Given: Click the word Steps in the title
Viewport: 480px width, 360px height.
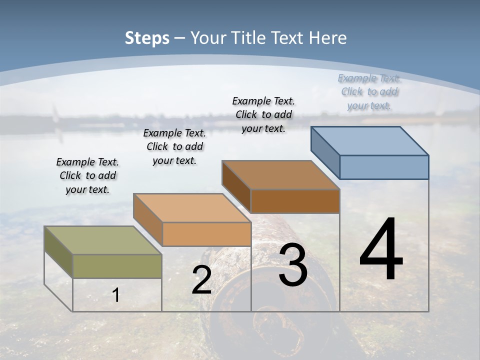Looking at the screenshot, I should [x=147, y=38].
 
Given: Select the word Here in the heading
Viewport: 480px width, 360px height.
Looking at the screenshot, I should [x=327, y=38].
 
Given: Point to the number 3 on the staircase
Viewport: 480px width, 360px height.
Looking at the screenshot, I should [x=293, y=265].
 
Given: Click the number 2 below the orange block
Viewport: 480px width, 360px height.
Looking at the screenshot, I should [x=201, y=280].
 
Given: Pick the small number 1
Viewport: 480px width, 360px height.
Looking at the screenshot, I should [x=116, y=295].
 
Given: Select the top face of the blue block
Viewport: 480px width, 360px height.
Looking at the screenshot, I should [x=370, y=141].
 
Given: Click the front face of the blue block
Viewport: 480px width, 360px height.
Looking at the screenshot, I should [x=384, y=167].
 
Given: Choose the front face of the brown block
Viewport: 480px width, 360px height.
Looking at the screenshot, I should [x=295, y=201].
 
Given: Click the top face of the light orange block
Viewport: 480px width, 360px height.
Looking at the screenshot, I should [x=192, y=208].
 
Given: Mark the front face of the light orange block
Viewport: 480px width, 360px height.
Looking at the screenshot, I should [x=206, y=234].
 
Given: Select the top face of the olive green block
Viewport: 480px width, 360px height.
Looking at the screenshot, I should [x=103, y=240].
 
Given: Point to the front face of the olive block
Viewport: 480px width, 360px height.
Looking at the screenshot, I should [x=117, y=266].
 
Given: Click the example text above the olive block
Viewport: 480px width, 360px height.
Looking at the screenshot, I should [x=87, y=175].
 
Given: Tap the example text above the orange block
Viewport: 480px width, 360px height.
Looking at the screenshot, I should [x=174, y=146].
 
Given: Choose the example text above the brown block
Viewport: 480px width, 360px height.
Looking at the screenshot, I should [x=263, y=114].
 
